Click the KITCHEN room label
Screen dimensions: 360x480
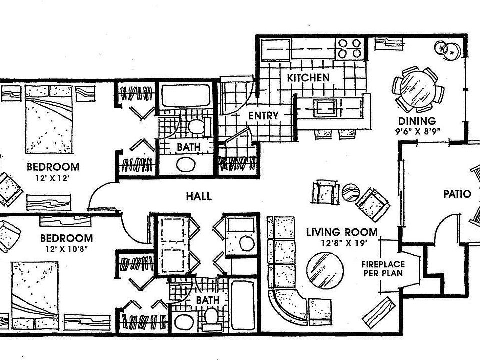point(308,78)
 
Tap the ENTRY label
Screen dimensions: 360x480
point(263,116)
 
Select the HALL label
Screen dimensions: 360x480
point(199,196)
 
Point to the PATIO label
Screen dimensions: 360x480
point(457,194)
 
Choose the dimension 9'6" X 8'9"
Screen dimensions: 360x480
point(417,133)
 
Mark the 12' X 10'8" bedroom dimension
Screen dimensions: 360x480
point(66,249)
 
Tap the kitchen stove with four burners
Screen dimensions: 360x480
point(349,49)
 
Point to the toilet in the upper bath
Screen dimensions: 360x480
point(196,127)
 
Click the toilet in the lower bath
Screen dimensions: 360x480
point(211,316)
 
